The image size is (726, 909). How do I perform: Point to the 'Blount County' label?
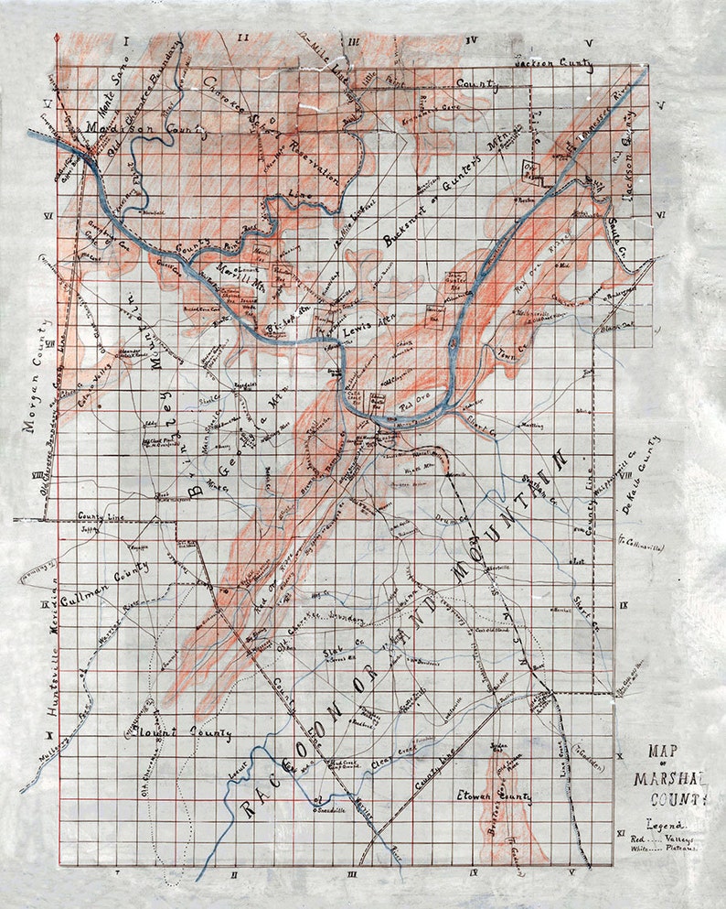(177, 733)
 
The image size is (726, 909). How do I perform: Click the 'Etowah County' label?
(495, 797)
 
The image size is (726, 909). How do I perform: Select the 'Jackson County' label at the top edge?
(553, 66)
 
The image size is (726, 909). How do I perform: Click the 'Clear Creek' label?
(394, 763)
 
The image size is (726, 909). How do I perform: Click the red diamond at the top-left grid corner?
(59, 37)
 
